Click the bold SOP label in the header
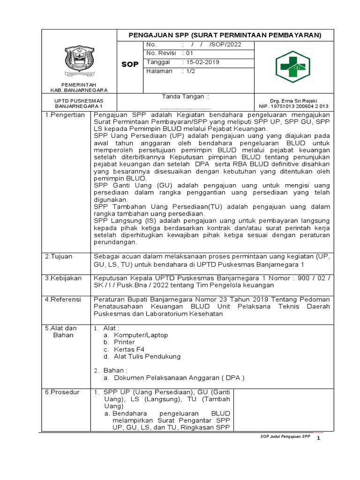tap(129, 64)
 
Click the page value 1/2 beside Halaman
tap(190, 71)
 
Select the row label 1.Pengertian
tap(65, 115)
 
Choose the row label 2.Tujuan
tap(59, 256)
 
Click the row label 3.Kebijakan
tap(63, 277)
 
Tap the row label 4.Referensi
tap(63, 299)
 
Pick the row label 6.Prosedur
tap(62, 392)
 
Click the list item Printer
tap(125, 342)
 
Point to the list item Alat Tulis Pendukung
tap(147, 356)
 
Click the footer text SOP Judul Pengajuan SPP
tap(285, 436)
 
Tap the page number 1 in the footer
tap(318, 438)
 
